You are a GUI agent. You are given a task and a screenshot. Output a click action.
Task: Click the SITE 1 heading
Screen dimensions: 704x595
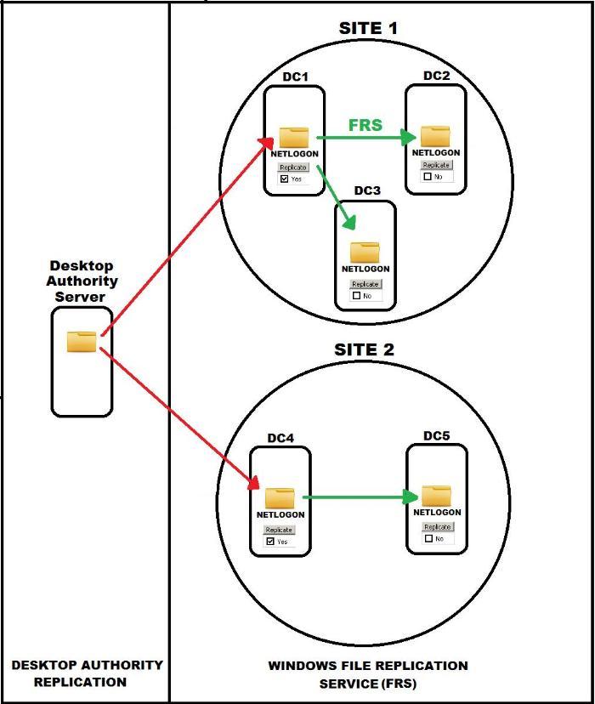pos(368,28)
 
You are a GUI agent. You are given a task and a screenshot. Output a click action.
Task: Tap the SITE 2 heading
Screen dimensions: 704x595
pos(364,349)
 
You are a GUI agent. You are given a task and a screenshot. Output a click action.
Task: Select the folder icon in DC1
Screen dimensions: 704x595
pos(294,137)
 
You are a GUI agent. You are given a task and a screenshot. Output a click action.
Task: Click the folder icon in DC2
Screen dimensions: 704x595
pos(435,136)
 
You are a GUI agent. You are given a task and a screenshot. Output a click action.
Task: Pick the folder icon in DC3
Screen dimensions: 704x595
pos(365,253)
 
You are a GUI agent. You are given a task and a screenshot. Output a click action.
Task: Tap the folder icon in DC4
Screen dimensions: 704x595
pos(280,498)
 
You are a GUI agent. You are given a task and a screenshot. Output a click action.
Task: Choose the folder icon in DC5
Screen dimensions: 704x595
pos(437,496)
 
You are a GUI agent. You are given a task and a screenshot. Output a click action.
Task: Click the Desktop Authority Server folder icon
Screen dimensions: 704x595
pos(82,342)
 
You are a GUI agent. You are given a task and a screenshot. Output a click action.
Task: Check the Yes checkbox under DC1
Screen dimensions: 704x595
pos(285,179)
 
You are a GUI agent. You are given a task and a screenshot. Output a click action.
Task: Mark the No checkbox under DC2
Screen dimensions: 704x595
pos(428,177)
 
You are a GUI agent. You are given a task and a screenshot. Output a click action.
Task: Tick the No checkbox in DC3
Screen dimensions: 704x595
pos(357,296)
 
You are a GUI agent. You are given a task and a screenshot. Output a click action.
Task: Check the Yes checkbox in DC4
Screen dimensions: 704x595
pos(270,541)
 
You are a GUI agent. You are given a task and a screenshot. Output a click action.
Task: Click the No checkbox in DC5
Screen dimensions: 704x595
pos(428,538)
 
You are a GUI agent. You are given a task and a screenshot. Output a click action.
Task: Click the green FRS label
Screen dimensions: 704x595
pos(365,125)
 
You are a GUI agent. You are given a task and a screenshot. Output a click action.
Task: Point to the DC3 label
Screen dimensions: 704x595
pos(367,190)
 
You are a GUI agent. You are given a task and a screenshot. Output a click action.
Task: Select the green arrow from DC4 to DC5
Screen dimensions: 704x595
pos(361,497)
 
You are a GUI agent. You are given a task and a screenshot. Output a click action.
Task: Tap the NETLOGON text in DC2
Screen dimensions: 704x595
pos(436,153)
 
